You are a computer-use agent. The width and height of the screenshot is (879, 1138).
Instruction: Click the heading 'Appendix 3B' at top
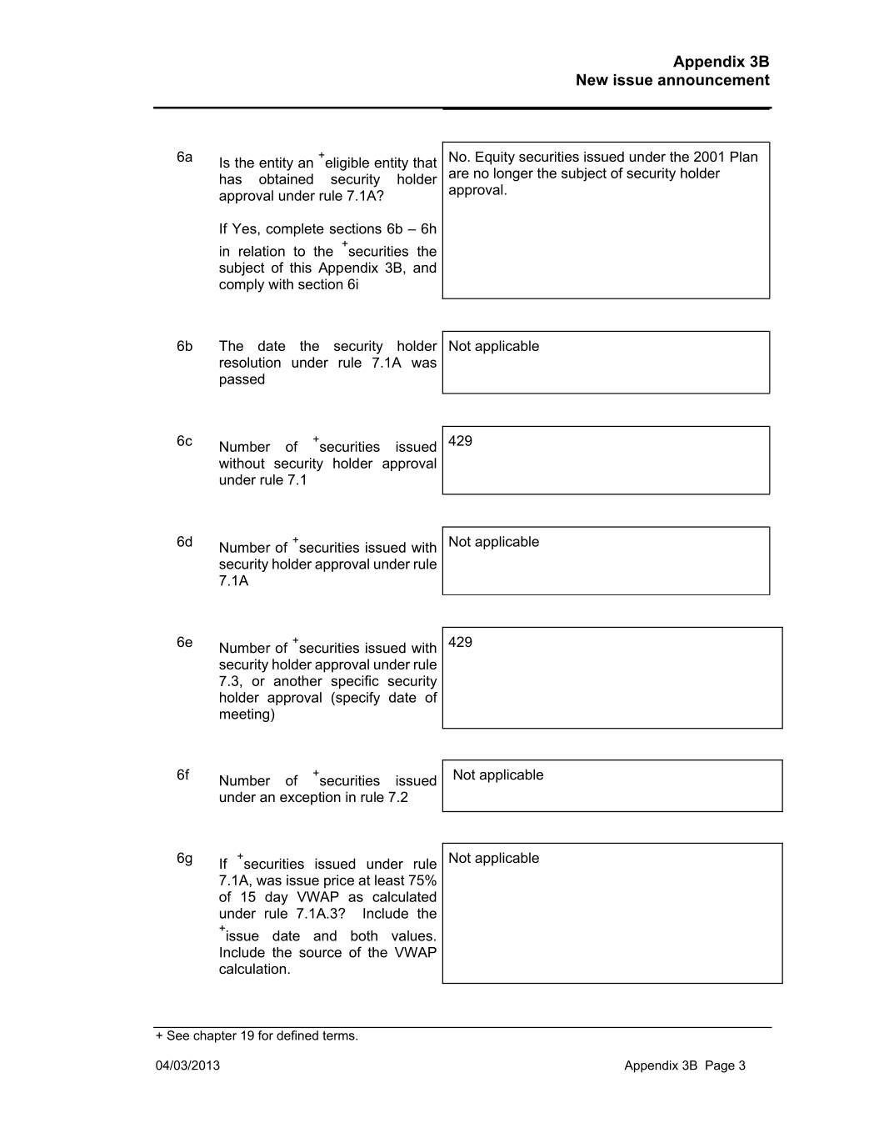click(721, 62)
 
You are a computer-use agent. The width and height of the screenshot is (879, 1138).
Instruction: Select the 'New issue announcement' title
click(672, 80)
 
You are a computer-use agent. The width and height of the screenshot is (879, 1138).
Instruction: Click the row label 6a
click(184, 157)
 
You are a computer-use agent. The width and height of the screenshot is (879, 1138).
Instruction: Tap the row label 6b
click(184, 346)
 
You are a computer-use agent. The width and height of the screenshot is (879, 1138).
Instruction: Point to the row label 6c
click(184, 441)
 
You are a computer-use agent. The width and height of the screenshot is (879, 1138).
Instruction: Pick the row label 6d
click(184, 542)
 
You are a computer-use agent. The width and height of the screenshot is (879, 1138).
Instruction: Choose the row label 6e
click(184, 642)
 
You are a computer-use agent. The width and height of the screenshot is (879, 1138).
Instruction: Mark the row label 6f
click(182, 775)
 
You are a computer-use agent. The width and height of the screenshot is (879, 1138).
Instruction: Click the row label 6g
click(184, 858)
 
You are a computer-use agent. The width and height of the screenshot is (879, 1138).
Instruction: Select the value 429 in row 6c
click(460, 441)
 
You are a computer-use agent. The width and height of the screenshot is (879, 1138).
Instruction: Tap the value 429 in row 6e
click(460, 642)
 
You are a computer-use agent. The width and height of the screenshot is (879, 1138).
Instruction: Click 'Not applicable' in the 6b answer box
click(493, 346)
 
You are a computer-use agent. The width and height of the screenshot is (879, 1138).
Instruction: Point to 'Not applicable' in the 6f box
click(497, 775)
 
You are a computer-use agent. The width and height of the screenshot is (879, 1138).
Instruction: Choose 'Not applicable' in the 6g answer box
click(493, 858)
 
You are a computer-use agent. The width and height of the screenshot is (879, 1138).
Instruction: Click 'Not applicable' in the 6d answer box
click(493, 542)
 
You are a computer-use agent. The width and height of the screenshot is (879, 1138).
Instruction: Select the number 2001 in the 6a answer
click(709, 157)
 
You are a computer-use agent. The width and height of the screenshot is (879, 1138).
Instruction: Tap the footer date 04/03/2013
click(187, 1065)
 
